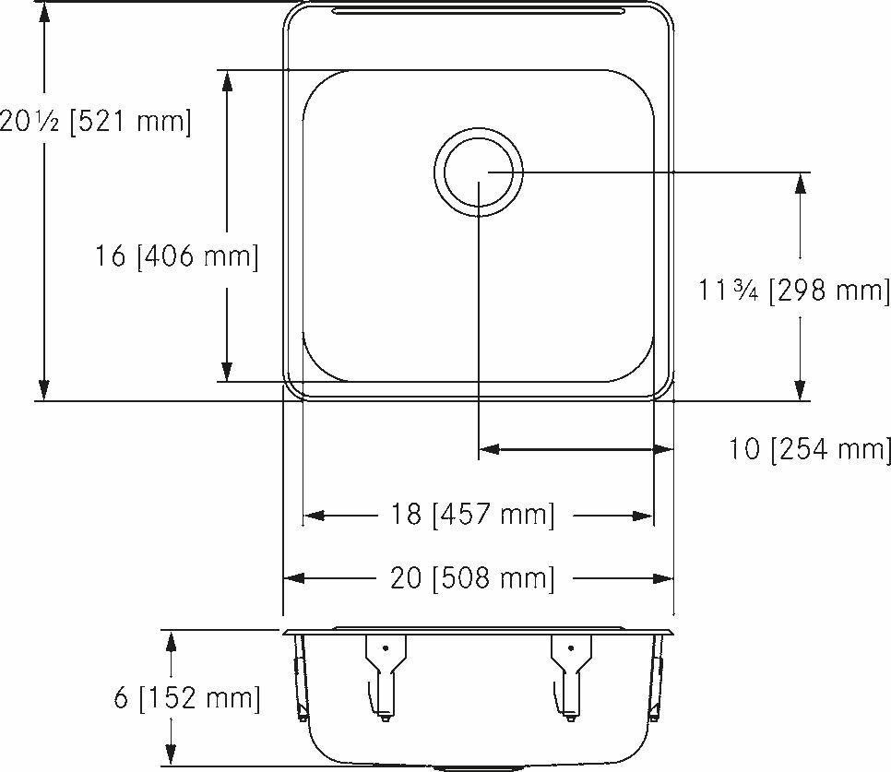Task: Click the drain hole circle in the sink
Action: (x=479, y=172)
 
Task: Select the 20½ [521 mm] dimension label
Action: (x=95, y=122)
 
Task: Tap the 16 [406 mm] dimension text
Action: (x=176, y=255)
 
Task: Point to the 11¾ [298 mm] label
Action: (x=794, y=291)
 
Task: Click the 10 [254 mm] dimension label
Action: (x=810, y=449)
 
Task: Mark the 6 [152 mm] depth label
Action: (x=187, y=697)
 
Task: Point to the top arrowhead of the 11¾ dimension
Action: (x=801, y=184)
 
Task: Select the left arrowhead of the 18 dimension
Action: (x=315, y=516)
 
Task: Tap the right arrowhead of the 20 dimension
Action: (x=662, y=578)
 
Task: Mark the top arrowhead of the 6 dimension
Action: (x=170, y=641)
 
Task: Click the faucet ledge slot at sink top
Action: (x=478, y=12)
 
